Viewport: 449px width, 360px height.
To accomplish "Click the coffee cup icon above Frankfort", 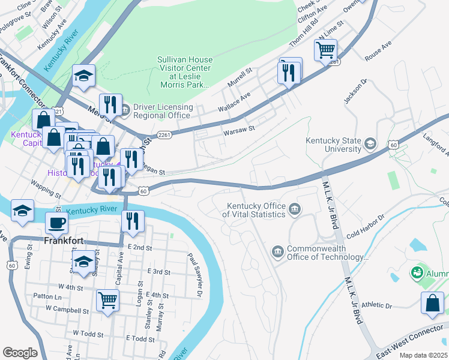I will (x=56, y=223).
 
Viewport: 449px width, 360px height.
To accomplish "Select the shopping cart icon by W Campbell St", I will (x=107, y=299).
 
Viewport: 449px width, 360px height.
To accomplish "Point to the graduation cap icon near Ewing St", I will (x=22, y=211).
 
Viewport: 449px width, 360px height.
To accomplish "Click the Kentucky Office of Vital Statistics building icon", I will (x=295, y=209).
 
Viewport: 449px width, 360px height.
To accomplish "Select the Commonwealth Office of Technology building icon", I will (x=277, y=250).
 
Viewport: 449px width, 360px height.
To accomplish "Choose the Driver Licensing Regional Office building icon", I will (x=125, y=110).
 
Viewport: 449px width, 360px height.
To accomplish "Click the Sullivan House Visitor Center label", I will (x=184, y=72).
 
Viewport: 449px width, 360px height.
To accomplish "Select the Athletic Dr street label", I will (x=376, y=305).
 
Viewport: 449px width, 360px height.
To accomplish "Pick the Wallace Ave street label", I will (x=237, y=103).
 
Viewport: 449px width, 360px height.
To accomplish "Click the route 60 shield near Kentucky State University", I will (x=393, y=145).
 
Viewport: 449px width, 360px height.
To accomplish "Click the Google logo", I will (x=20, y=353).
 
